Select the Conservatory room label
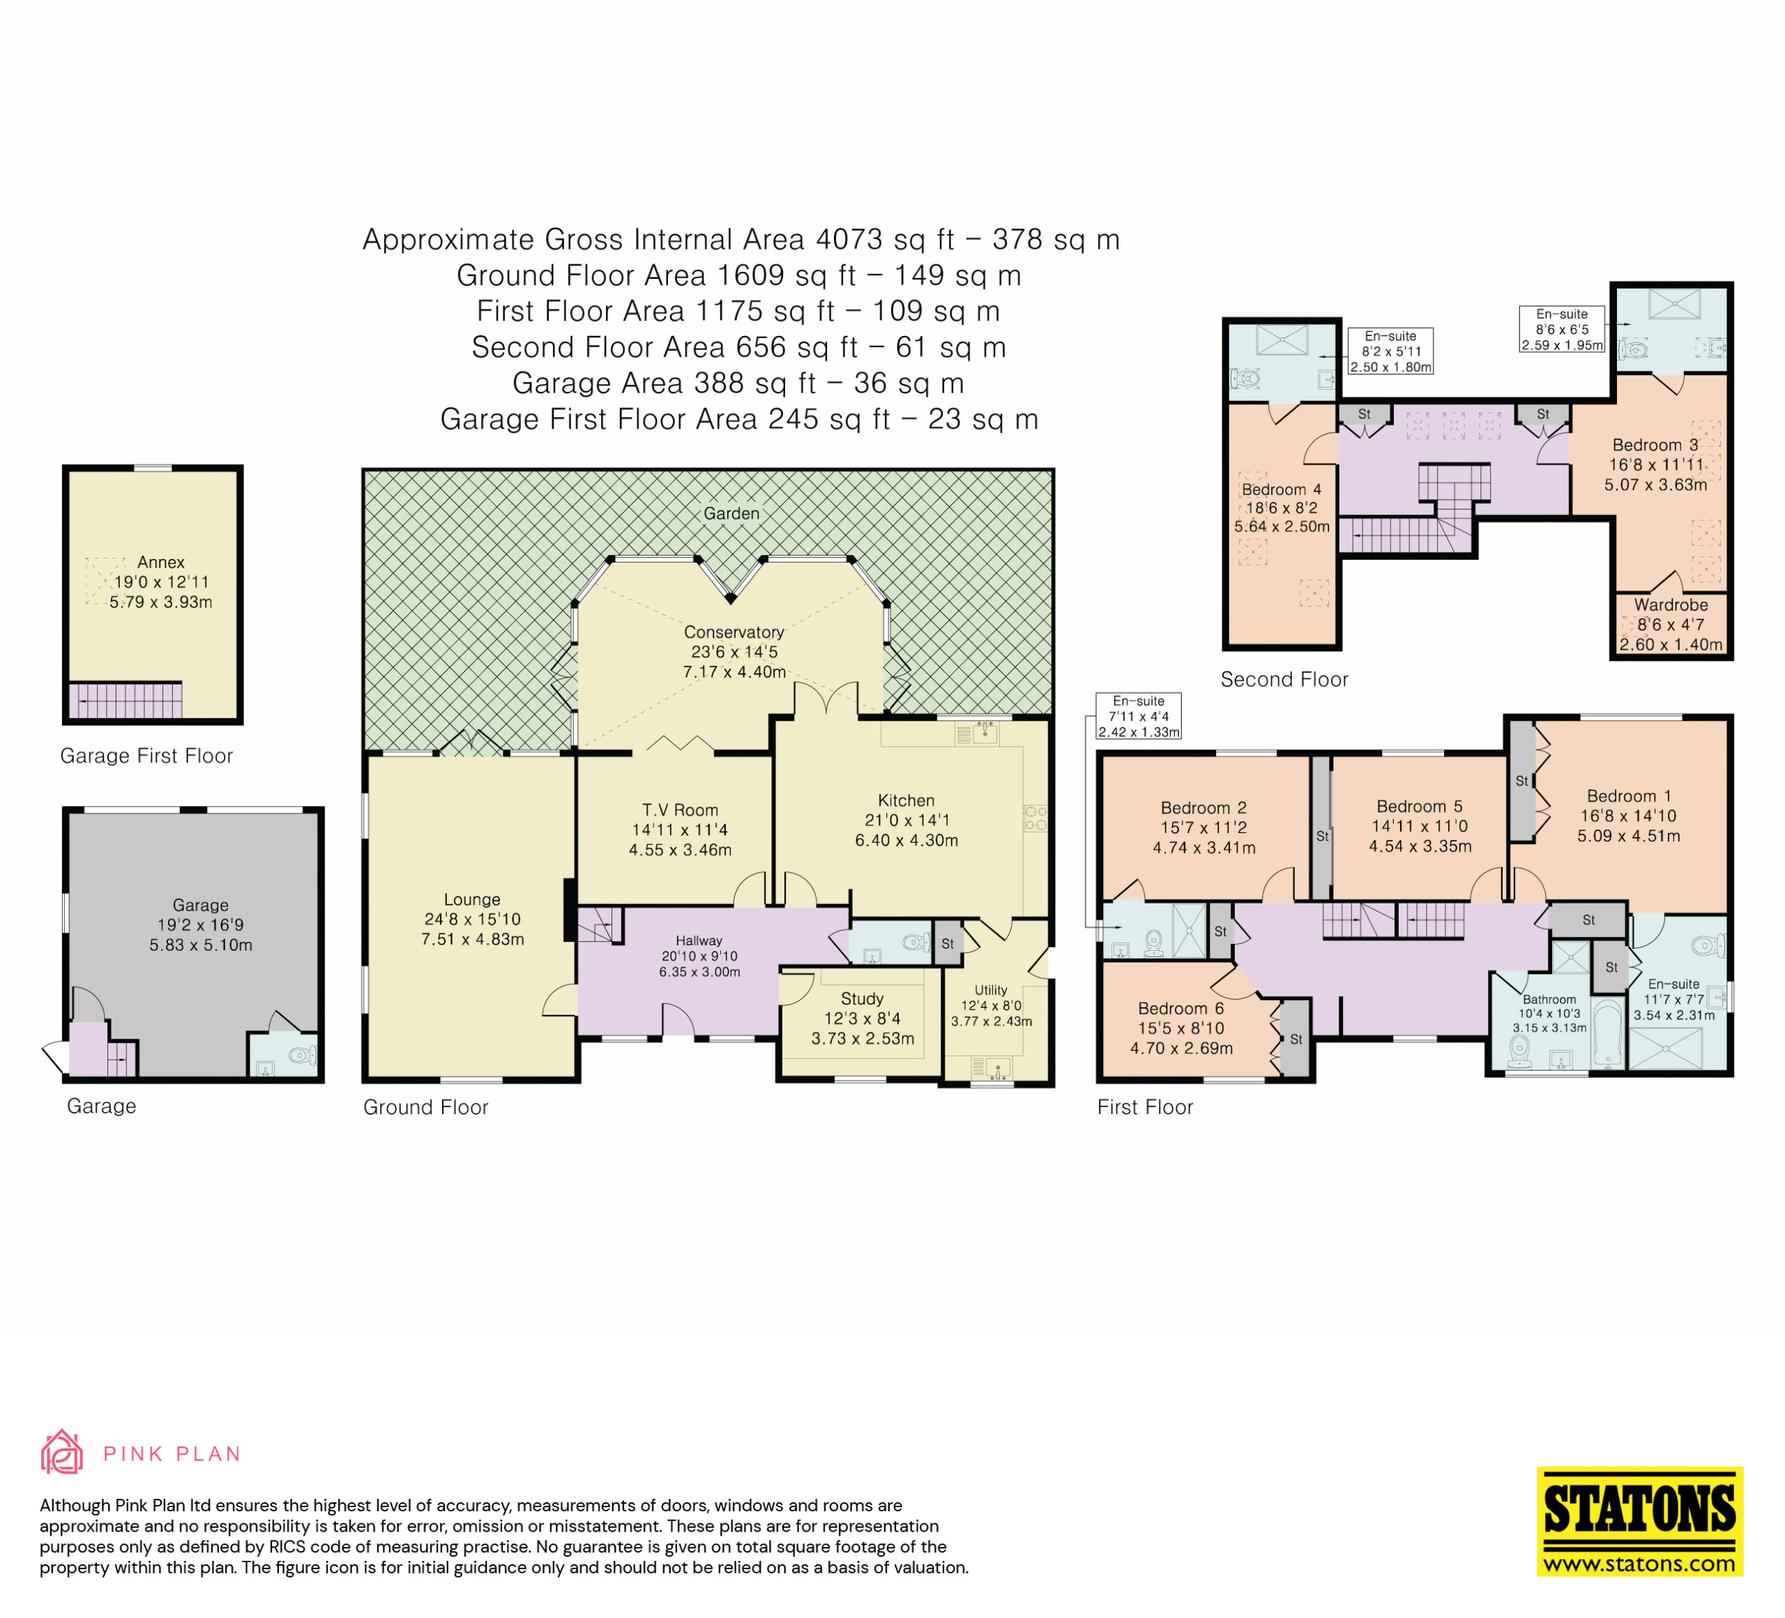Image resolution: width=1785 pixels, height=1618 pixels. (x=734, y=632)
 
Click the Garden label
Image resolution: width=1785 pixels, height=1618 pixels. (x=731, y=513)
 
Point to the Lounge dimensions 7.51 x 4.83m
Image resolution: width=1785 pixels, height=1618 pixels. (x=473, y=939)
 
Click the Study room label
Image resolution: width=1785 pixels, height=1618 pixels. (x=863, y=998)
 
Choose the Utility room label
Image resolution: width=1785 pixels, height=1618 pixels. (x=991, y=991)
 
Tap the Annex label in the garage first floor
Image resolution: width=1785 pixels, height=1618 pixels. (x=161, y=562)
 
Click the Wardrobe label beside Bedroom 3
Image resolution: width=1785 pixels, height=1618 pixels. (x=1671, y=605)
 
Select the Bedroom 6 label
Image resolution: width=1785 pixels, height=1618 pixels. (x=1181, y=1009)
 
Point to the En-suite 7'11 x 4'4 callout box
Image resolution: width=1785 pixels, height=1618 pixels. (x=1139, y=716)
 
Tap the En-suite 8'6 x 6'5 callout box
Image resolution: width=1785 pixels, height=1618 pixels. (x=1562, y=329)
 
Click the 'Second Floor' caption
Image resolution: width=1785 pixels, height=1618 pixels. (x=1284, y=680)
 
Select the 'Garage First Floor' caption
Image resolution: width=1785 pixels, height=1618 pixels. (x=146, y=756)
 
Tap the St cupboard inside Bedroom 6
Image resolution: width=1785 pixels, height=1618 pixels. (x=1296, y=1039)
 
